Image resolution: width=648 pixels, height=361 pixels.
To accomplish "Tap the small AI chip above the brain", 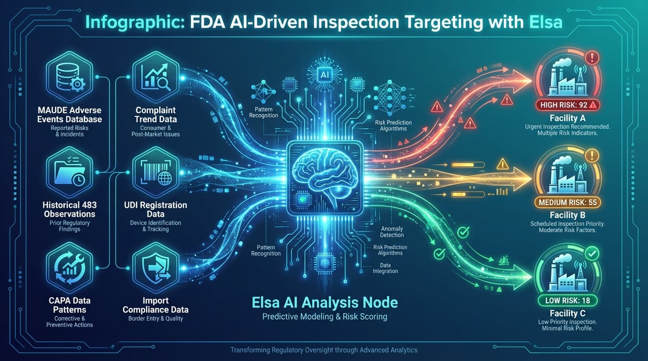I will click(324, 74).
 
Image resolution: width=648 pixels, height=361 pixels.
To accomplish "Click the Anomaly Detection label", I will click(392, 232).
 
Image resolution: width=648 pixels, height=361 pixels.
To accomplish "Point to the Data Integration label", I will click(385, 268).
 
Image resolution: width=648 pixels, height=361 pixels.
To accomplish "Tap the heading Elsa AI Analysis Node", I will click(324, 302).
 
